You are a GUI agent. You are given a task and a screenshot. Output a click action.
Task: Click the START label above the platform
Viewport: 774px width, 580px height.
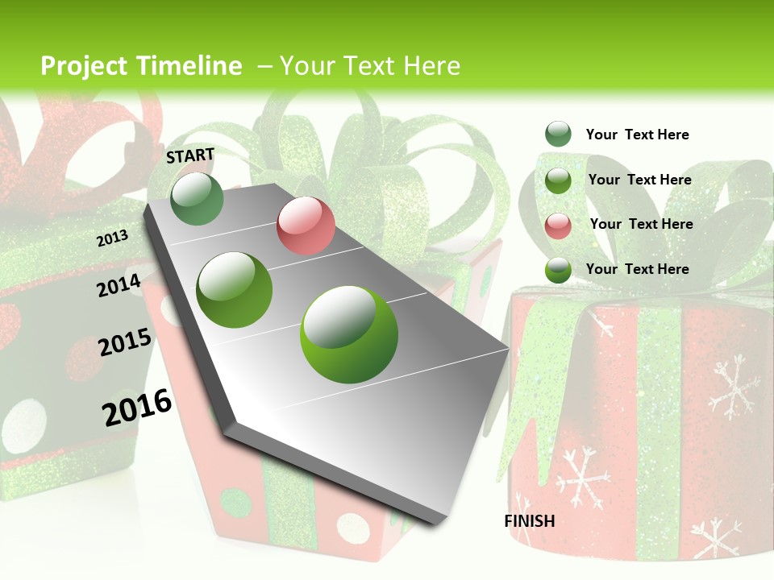[190, 155]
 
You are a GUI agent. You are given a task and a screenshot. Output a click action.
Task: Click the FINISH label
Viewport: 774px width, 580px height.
[530, 521]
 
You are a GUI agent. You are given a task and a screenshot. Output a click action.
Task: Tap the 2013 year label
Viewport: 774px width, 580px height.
[113, 238]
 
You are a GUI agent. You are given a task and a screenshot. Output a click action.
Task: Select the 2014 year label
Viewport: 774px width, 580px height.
[119, 285]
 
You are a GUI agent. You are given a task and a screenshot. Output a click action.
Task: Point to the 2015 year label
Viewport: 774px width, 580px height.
[125, 342]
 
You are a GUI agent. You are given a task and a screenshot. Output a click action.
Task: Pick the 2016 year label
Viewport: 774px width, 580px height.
[137, 408]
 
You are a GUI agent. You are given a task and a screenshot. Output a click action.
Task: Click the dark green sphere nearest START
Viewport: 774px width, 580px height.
[198, 198]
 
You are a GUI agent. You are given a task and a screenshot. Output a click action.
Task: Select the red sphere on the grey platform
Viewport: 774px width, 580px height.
[306, 226]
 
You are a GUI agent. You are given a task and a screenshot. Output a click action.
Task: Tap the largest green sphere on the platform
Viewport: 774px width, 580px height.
[349, 334]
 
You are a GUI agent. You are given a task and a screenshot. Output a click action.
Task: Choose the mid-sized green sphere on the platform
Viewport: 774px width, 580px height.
[235, 290]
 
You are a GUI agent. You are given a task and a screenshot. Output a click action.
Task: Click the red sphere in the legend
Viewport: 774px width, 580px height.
[558, 226]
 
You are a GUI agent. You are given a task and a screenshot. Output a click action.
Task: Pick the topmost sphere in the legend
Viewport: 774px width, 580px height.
[558, 135]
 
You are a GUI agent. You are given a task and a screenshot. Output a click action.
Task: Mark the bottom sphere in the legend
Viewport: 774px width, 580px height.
[558, 271]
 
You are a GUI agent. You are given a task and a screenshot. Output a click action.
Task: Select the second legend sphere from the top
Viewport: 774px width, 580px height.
[558, 180]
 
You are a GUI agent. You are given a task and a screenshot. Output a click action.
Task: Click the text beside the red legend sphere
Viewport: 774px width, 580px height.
[641, 224]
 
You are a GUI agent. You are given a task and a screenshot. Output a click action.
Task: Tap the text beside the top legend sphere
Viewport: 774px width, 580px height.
[637, 135]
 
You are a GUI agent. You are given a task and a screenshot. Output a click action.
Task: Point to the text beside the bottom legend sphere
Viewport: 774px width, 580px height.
[637, 269]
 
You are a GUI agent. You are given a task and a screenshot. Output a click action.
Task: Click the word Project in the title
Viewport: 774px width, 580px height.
[84, 66]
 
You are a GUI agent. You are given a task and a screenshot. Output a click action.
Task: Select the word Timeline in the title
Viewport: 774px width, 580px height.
[189, 66]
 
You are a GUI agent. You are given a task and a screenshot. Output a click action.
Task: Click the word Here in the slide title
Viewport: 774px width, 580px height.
[431, 66]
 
